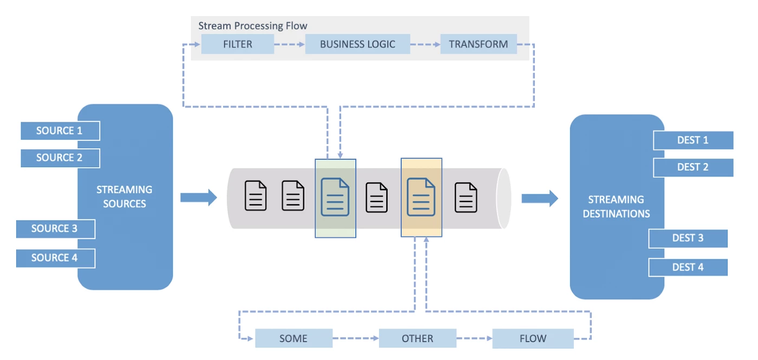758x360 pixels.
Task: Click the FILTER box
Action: pyautogui.click(x=237, y=44)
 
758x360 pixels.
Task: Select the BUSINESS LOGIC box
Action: pyautogui.click(x=357, y=44)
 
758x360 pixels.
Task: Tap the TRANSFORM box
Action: pyautogui.click(x=478, y=44)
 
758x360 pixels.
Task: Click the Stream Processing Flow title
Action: pyautogui.click(x=252, y=25)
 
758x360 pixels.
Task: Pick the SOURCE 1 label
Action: pyautogui.click(x=60, y=130)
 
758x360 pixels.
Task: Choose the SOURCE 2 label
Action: pyautogui.click(x=60, y=158)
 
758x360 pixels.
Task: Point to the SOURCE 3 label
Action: pyautogui.click(x=55, y=228)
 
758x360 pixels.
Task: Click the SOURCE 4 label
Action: pyautogui.click(x=55, y=258)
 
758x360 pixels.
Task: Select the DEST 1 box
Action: pyautogui.click(x=693, y=140)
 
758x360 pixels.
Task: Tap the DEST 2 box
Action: pyautogui.click(x=693, y=167)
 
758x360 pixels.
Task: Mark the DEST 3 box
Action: pyautogui.click(x=688, y=238)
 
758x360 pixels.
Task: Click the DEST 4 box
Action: pyautogui.click(x=688, y=267)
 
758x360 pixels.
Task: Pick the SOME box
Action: pyautogui.click(x=293, y=338)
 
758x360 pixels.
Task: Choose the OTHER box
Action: pyautogui.click(x=417, y=338)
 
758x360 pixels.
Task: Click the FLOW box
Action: pyautogui.click(x=533, y=338)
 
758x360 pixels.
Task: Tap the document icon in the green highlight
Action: pyautogui.click(x=335, y=197)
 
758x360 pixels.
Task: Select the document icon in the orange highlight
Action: pyautogui.click(x=421, y=197)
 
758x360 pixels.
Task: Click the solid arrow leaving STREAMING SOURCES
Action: pyautogui.click(x=198, y=198)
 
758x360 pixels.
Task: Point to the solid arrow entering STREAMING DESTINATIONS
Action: pyautogui.click(x=539, y=198)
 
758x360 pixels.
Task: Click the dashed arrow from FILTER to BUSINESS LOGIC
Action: pyautogui.click(x=289, y=44)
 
